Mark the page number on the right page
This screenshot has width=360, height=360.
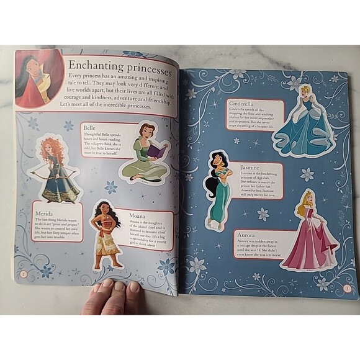pos(346,287)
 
